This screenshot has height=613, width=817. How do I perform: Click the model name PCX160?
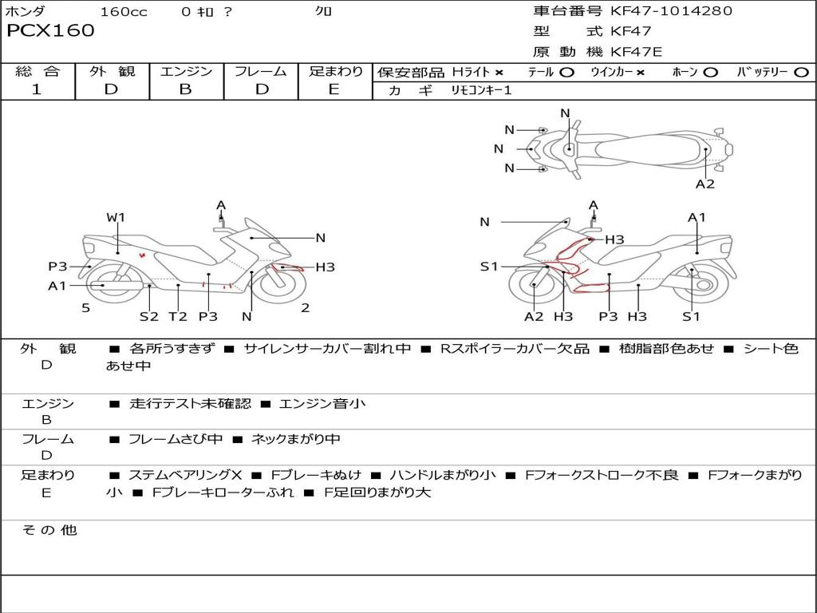[50, 30]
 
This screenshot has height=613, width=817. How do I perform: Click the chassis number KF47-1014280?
[671, 10]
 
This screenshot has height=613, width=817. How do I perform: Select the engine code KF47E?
[636, 52]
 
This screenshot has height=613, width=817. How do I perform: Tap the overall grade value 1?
[37, 89]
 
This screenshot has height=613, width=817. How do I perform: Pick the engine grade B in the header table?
[185, 89]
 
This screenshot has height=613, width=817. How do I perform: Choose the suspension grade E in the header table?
[334, 89]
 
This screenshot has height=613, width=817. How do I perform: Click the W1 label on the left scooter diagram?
[116, 217]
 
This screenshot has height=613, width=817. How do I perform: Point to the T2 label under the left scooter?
[178, 316]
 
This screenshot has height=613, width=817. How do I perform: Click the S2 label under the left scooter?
[149, 316]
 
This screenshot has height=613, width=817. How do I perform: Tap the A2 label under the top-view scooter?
[705, 184]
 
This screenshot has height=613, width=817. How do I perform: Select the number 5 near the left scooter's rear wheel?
[86, 308]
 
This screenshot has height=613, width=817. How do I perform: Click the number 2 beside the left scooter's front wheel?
[306, 308]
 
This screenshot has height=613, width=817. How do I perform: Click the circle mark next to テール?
[567, 73]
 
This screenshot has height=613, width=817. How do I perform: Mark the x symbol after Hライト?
[499, 73]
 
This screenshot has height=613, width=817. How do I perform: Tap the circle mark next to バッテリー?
[802, 73]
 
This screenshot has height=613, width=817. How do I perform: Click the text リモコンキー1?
[481, 90]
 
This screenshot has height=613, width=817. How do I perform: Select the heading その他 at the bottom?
[49, 530]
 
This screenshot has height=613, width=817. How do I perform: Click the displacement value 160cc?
[124, 11]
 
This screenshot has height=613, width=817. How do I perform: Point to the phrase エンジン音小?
[322, 403]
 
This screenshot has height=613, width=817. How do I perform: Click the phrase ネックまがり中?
[296, 440]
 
